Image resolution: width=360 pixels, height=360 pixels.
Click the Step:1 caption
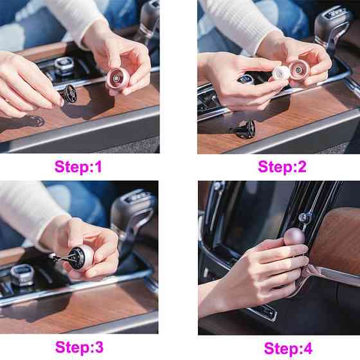[78, 166]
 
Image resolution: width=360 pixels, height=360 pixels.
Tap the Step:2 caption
[282, 166]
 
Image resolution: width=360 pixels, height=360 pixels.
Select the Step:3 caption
[79, 347]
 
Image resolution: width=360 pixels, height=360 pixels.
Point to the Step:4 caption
[288, 348]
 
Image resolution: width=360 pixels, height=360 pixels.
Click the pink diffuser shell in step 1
[118, 78]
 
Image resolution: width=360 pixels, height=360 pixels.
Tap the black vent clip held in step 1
[68, 94]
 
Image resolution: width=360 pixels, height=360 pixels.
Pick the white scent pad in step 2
[281, 73]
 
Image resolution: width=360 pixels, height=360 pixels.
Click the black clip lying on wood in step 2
[246, 129]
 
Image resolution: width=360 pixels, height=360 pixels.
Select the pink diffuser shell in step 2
[300, 70]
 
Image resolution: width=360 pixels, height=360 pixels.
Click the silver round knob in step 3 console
[22, 275]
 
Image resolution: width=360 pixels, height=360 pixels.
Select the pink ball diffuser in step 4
[294, 237]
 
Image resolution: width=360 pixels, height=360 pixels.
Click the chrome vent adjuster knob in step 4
[305, 217]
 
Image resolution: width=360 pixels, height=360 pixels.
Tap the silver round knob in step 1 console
[64, 64]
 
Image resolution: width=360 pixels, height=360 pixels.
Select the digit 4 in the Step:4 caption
[307, 348]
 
